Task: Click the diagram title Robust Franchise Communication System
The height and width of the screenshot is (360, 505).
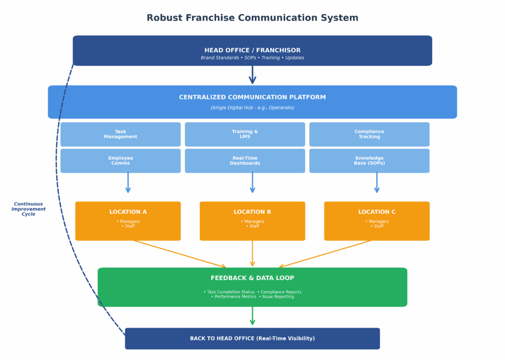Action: pyautogui.click(x=252, y=18)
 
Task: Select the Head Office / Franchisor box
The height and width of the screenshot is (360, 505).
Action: pyautogui.click(x=252, y=51)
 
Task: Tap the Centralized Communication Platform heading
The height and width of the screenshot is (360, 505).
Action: pyautogui.click(x=252, y=97)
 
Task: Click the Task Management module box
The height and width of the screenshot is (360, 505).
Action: pyautogui.click(x=120, y=134)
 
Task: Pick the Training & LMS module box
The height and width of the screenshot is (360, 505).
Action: pyautogui.click(x=245, y=134)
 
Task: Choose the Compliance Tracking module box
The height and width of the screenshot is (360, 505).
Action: pyautogui.click(x=369, y=134)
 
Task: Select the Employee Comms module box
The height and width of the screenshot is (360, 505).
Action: pyautogui.click(x=120, y=161)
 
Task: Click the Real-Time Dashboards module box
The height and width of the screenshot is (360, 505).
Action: pyautogui.click(x=245, y=161)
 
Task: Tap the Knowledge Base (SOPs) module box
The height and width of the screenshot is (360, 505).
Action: pyautogui.click(x=369, y=161)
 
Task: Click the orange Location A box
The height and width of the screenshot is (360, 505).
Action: pyautogui.click(x=128, y=221)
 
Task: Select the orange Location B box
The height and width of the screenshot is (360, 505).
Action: pyautogui.click(x=252, y=221)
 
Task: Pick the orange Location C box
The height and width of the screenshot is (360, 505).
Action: pyautogui.click(x=377, y=221)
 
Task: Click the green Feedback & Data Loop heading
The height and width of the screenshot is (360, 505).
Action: pyautogui.click(x=252, y=278)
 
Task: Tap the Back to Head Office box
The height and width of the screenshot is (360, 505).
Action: pyautogui.click(x=252, y=338)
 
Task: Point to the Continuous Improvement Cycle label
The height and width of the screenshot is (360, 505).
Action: pyautogui.click(x=29, y=209)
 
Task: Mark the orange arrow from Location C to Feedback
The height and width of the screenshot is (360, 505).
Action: pyautogui.click(x=326, y=254)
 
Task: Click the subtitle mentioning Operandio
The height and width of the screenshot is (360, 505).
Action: pyautogui.click(x=252, y=108)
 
